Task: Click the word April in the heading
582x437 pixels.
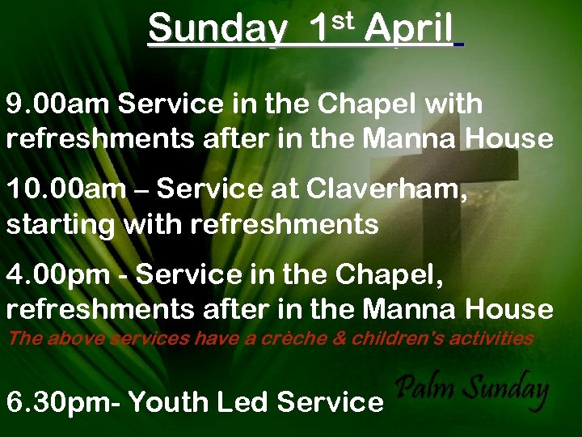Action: pos(408,30)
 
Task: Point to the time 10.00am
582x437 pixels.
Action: pos(66,189)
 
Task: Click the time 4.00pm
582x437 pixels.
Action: pos(58,274)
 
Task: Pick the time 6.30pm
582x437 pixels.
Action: pos(64,401)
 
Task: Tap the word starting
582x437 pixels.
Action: pos(61,225)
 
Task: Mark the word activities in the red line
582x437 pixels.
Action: pos(494,338)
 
